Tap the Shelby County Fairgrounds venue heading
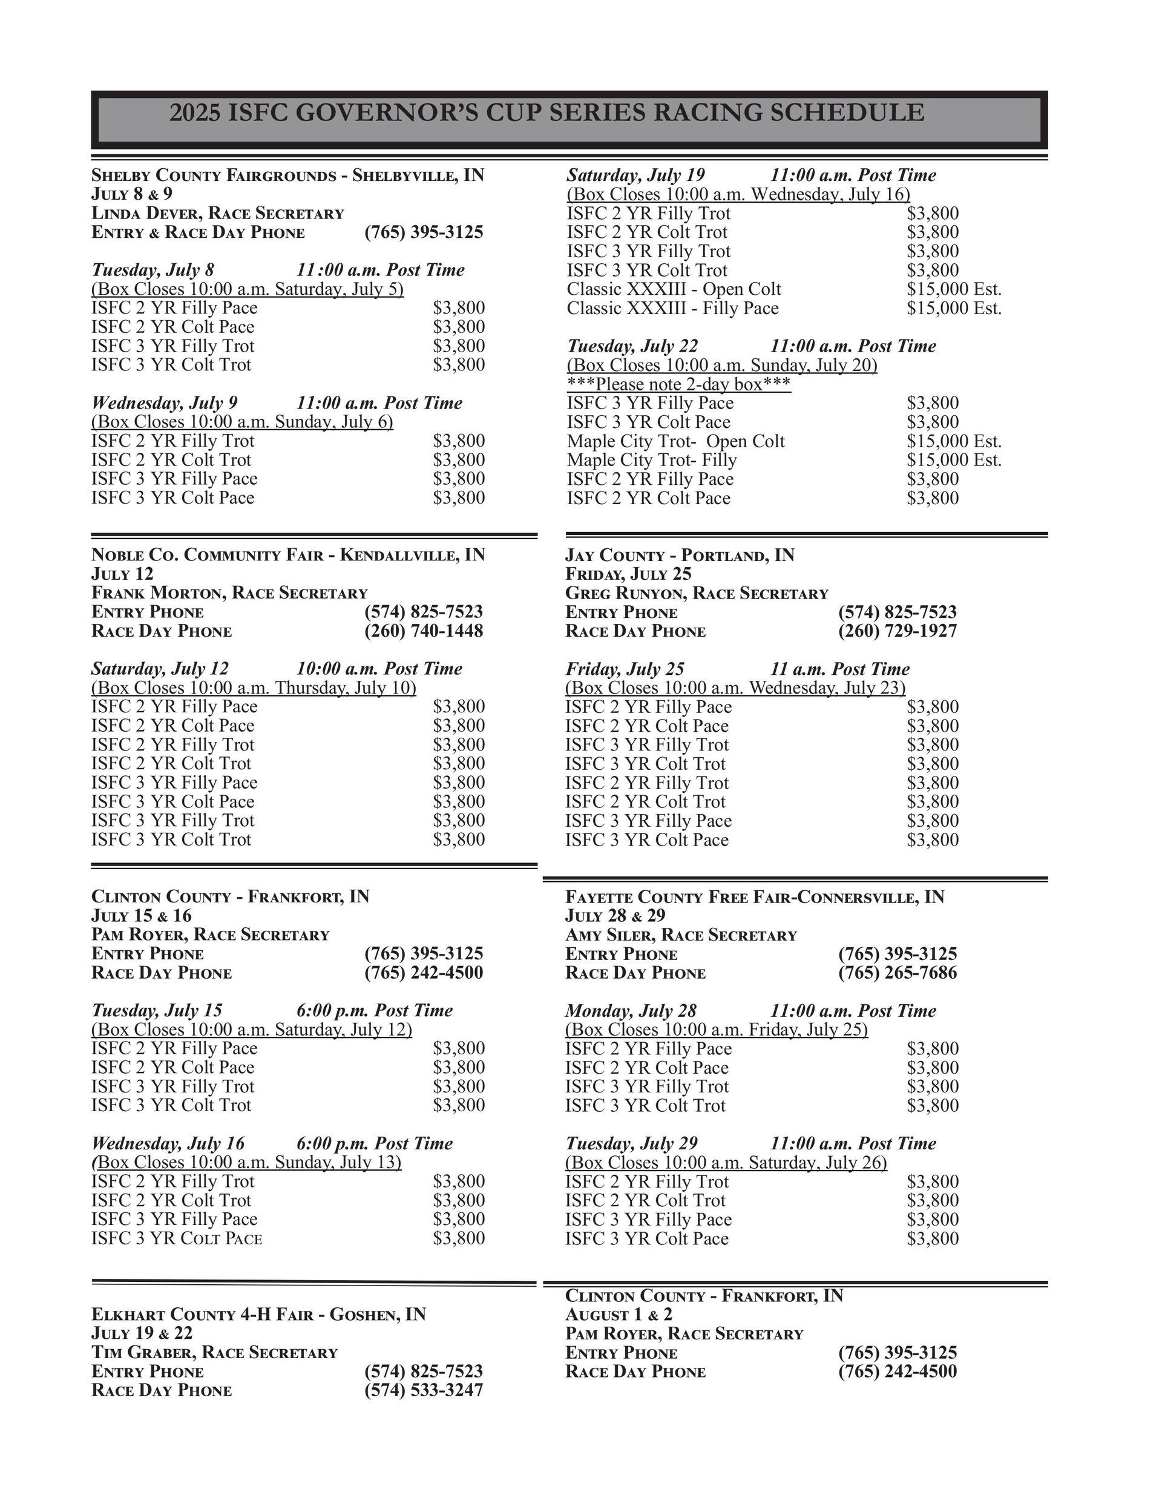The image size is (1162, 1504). (x=287, y=175)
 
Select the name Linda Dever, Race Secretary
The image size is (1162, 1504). (x=218, y=213)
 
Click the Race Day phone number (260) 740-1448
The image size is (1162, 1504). (x=424, y=631)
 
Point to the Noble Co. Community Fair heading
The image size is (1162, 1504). (x=287, y=555)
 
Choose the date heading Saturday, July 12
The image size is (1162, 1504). (x=160, y=669)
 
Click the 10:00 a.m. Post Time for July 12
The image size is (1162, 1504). (x=379, y=669)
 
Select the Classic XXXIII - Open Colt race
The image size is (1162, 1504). (x=674, y=289)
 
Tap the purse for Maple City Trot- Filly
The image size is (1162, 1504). (x=953, y=460)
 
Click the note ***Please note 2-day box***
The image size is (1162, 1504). (x=678, y=384)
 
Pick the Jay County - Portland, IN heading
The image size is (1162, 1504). (x=680, y=555)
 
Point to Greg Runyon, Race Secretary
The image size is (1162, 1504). (x=697, y=593)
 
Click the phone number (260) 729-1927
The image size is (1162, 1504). (x=897, y=631)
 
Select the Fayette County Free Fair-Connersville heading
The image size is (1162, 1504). (x=754, y=896)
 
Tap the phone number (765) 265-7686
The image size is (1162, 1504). (x=897, y=973)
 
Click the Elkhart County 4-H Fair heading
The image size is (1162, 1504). (x=258, y=1314)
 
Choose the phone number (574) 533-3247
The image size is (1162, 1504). (x=424, y=1390)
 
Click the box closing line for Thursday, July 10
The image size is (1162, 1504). (x=254, y=688)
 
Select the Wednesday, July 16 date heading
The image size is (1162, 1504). (x=168, y=1143)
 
